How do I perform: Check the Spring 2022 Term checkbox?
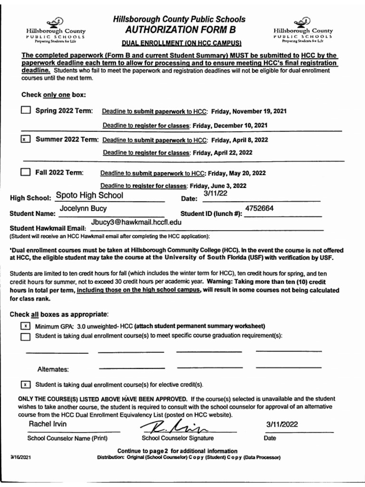coord(26,111)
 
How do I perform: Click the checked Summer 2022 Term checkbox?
coord(26,140)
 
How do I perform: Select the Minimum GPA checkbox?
coord(26,326)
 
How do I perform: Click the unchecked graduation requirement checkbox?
coord(26,336)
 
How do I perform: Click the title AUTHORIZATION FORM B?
coord(180,30)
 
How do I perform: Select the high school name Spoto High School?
coord(89,195)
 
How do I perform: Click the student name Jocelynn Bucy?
coord(83,209)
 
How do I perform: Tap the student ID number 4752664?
coord(259,208)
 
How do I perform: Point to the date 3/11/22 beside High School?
coord(215,194)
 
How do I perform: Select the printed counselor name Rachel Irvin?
coord(48,424)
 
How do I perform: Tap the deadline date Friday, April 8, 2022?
coord(240,140)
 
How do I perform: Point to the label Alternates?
coord(53,370)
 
